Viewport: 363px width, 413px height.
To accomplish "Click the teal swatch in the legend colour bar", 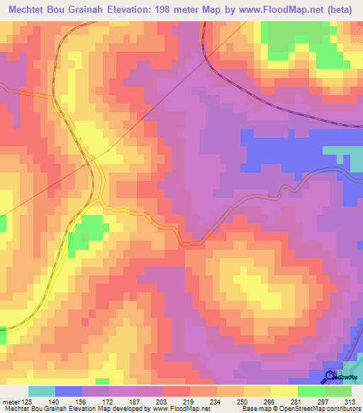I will point(42,391).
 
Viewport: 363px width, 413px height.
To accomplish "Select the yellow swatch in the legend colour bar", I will point(284,391).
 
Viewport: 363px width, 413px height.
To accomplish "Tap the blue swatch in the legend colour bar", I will point(69,391).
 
